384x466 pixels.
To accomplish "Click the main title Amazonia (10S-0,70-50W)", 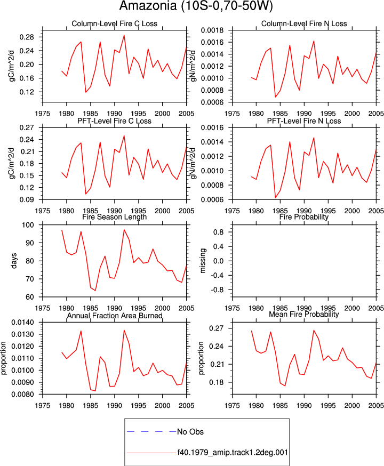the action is [196, 6].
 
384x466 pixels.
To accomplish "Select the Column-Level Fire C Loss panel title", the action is [115, 23].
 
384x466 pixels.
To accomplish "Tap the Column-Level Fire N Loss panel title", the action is [304, 23].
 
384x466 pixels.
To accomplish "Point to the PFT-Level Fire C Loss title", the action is [115, 121].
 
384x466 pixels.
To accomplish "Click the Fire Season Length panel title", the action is [115, 216].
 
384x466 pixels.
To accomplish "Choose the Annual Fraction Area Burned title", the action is [115, 315].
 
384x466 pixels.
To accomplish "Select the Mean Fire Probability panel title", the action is [304, 314].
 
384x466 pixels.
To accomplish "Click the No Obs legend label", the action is [190, 431].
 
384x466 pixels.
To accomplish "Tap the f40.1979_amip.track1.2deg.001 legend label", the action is [233, 453].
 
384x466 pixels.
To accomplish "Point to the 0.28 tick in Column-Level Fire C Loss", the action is [27, 37].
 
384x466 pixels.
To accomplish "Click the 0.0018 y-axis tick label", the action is [212, 30].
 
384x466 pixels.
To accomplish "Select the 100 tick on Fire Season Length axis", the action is [28, 225].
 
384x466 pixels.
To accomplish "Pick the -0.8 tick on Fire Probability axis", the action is [217, 290].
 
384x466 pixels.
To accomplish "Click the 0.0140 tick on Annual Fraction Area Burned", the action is [23, 323].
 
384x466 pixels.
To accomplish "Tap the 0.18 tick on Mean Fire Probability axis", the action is [217, 382].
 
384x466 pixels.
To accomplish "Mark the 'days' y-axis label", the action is [14, 261].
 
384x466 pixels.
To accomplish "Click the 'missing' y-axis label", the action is [203, 261].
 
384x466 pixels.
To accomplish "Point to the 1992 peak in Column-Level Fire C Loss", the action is [124, 35].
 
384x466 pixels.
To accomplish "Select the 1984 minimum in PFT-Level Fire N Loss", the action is [275, 198].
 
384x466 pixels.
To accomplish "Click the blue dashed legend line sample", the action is [151, 431].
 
